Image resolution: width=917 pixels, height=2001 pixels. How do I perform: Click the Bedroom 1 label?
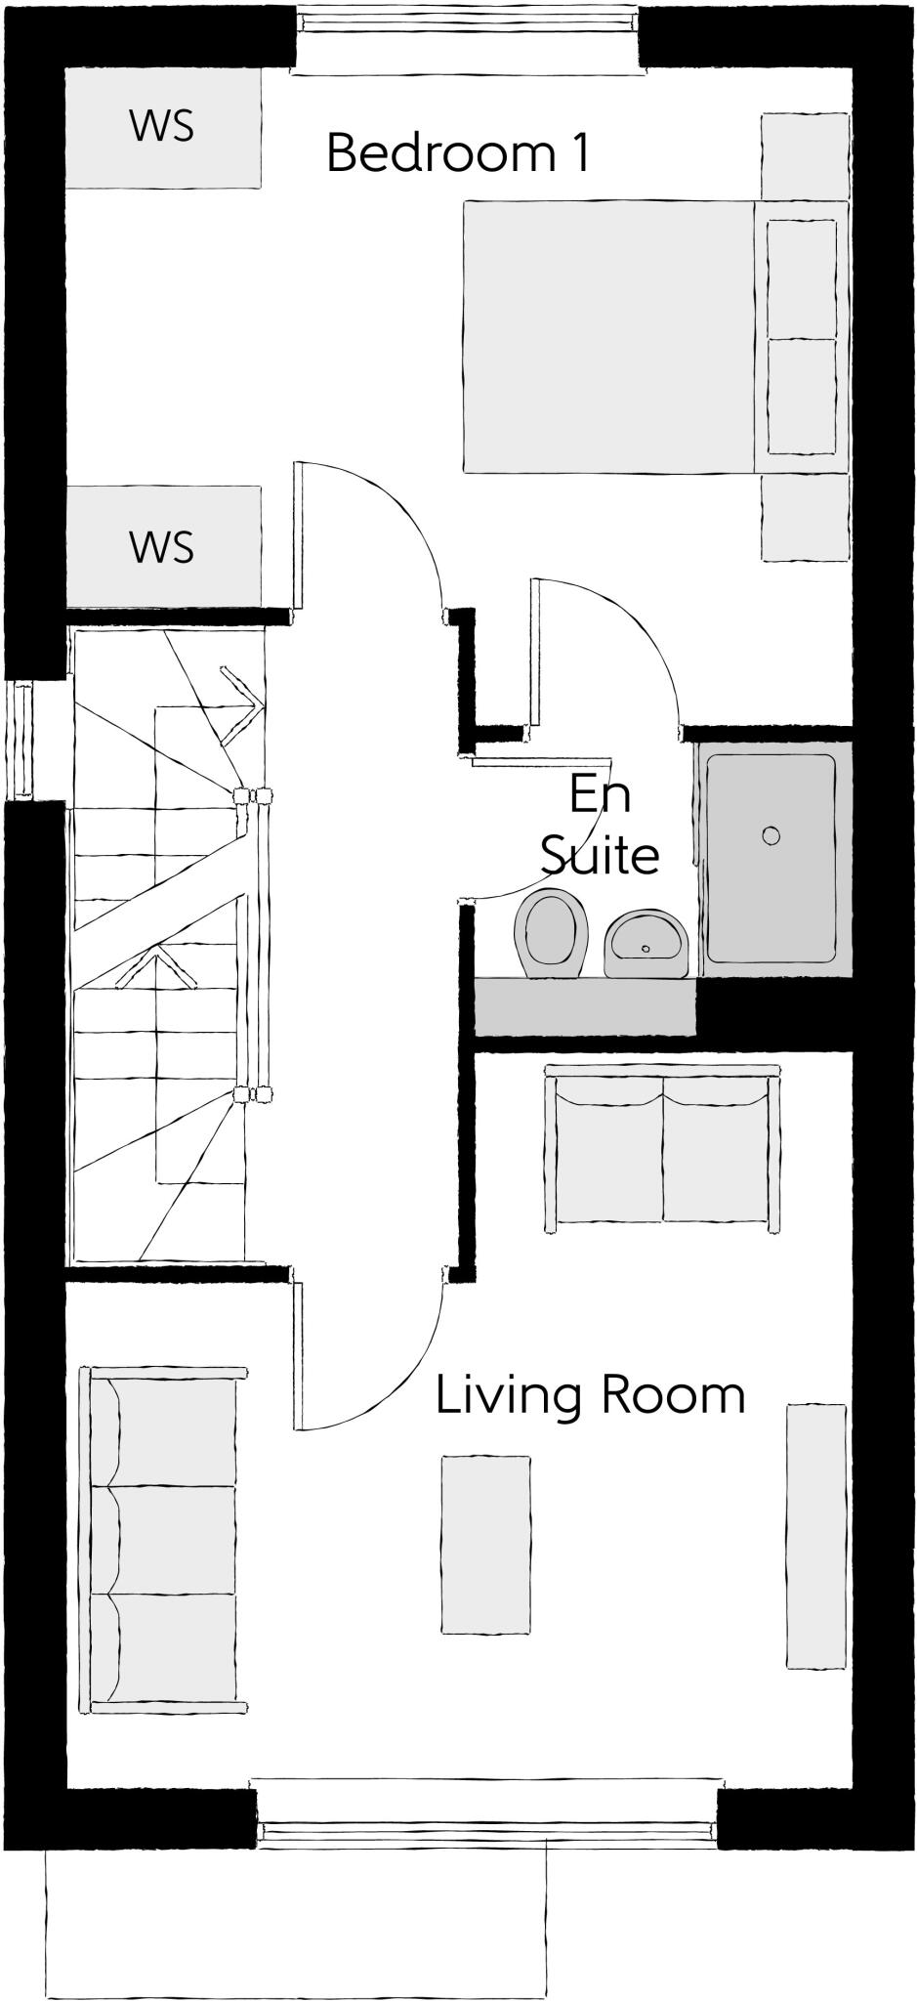pos(457,153)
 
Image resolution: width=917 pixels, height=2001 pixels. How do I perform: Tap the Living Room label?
pos(590,1394)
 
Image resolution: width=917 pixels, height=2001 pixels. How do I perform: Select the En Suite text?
pos(599,825)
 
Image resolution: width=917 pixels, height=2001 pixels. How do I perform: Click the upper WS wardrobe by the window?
pos(162,126)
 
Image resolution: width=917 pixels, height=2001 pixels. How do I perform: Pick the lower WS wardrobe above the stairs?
pos(162,546)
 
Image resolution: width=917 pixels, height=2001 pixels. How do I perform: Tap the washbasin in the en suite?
pos(646,945)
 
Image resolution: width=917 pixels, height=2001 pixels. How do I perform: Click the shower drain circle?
pos(771,835)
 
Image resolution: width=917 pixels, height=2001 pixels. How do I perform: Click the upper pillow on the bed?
pos(801,279)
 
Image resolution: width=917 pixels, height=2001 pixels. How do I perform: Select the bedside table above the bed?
pos(803,156)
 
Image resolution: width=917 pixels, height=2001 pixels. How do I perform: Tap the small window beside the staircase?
pos(21,740)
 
